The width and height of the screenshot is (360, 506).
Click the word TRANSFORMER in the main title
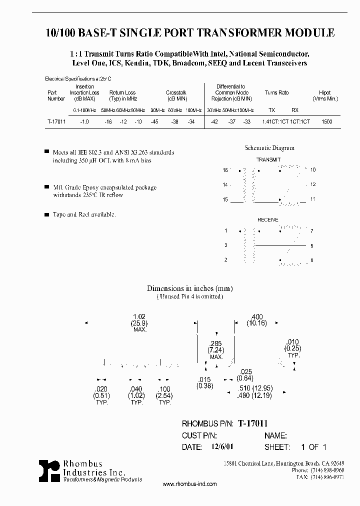coord(226,33)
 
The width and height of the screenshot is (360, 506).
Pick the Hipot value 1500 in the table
coord(327,122)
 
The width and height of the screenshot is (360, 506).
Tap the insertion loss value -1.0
coord(84,122)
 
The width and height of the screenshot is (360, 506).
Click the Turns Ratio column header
coord(276,93)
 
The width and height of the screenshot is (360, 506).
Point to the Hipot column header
coord(324,93)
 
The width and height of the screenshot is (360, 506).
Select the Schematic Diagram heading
coord(269,148)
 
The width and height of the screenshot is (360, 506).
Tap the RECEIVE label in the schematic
coord(268,220)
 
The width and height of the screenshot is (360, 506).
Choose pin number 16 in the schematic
coord(225,170)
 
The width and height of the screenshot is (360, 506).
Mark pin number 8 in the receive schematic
coord(312,260)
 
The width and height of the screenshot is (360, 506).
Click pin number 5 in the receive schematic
coord(312,245)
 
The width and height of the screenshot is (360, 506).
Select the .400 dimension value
coord(256,317)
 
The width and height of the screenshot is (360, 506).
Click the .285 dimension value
coord(215,344)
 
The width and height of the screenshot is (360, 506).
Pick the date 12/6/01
coord(217,447)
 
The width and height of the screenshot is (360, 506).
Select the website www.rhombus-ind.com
coord(190,484)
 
